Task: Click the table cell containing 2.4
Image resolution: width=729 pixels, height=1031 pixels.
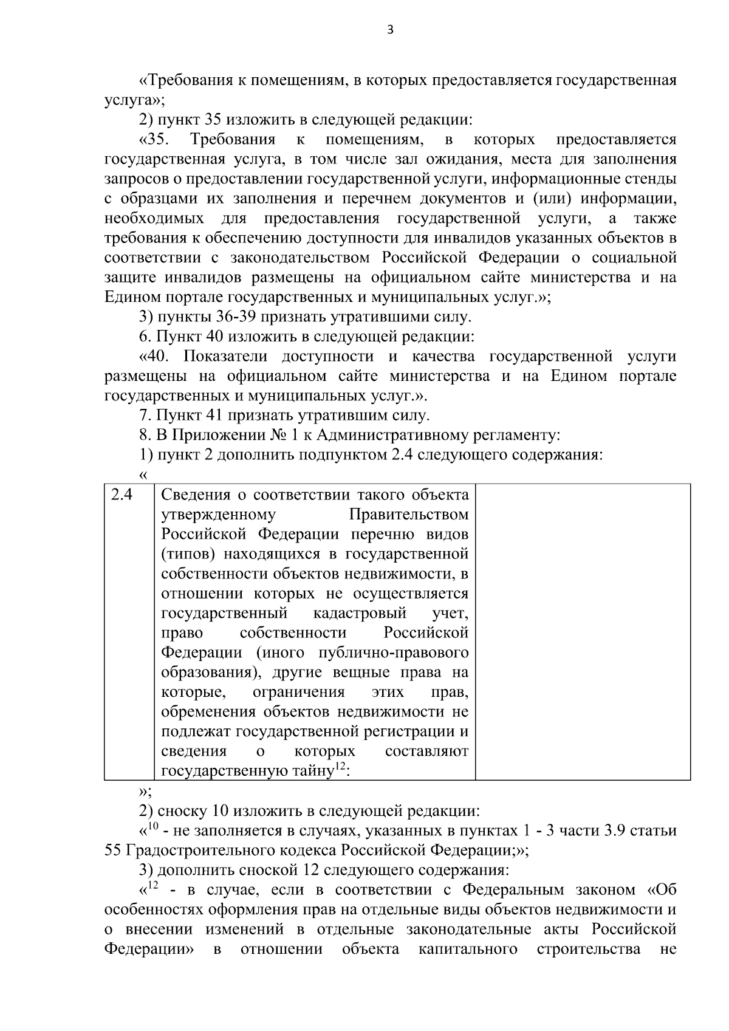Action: (x=128, y=631)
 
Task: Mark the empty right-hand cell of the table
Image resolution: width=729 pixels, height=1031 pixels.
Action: (x=583, y=631)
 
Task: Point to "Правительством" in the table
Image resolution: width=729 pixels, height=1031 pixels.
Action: (x=409, y=515)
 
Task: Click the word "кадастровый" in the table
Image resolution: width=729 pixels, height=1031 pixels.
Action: (x=360, y=613)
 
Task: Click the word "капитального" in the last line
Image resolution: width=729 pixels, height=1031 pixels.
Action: (x=468, y=949)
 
